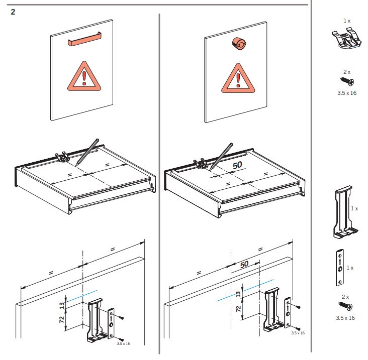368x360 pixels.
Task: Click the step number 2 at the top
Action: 13,12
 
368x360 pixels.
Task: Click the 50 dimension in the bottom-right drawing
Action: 245,264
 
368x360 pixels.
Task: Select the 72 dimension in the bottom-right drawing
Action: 238,307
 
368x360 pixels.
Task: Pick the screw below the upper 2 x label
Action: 346,81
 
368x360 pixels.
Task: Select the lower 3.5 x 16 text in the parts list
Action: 346,318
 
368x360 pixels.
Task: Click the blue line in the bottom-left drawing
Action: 83,296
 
